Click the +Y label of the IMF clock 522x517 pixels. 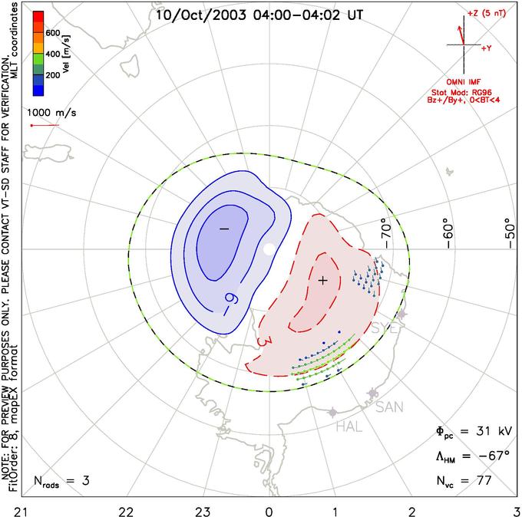(x=487, y=48)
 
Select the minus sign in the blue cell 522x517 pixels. (x=224, y=229)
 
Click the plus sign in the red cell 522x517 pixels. (x=323, y=281)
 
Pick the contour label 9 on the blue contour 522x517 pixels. (x=228, y=298)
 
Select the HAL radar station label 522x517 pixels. (x=349, y=426)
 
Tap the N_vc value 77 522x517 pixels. (x=484, y=481)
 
